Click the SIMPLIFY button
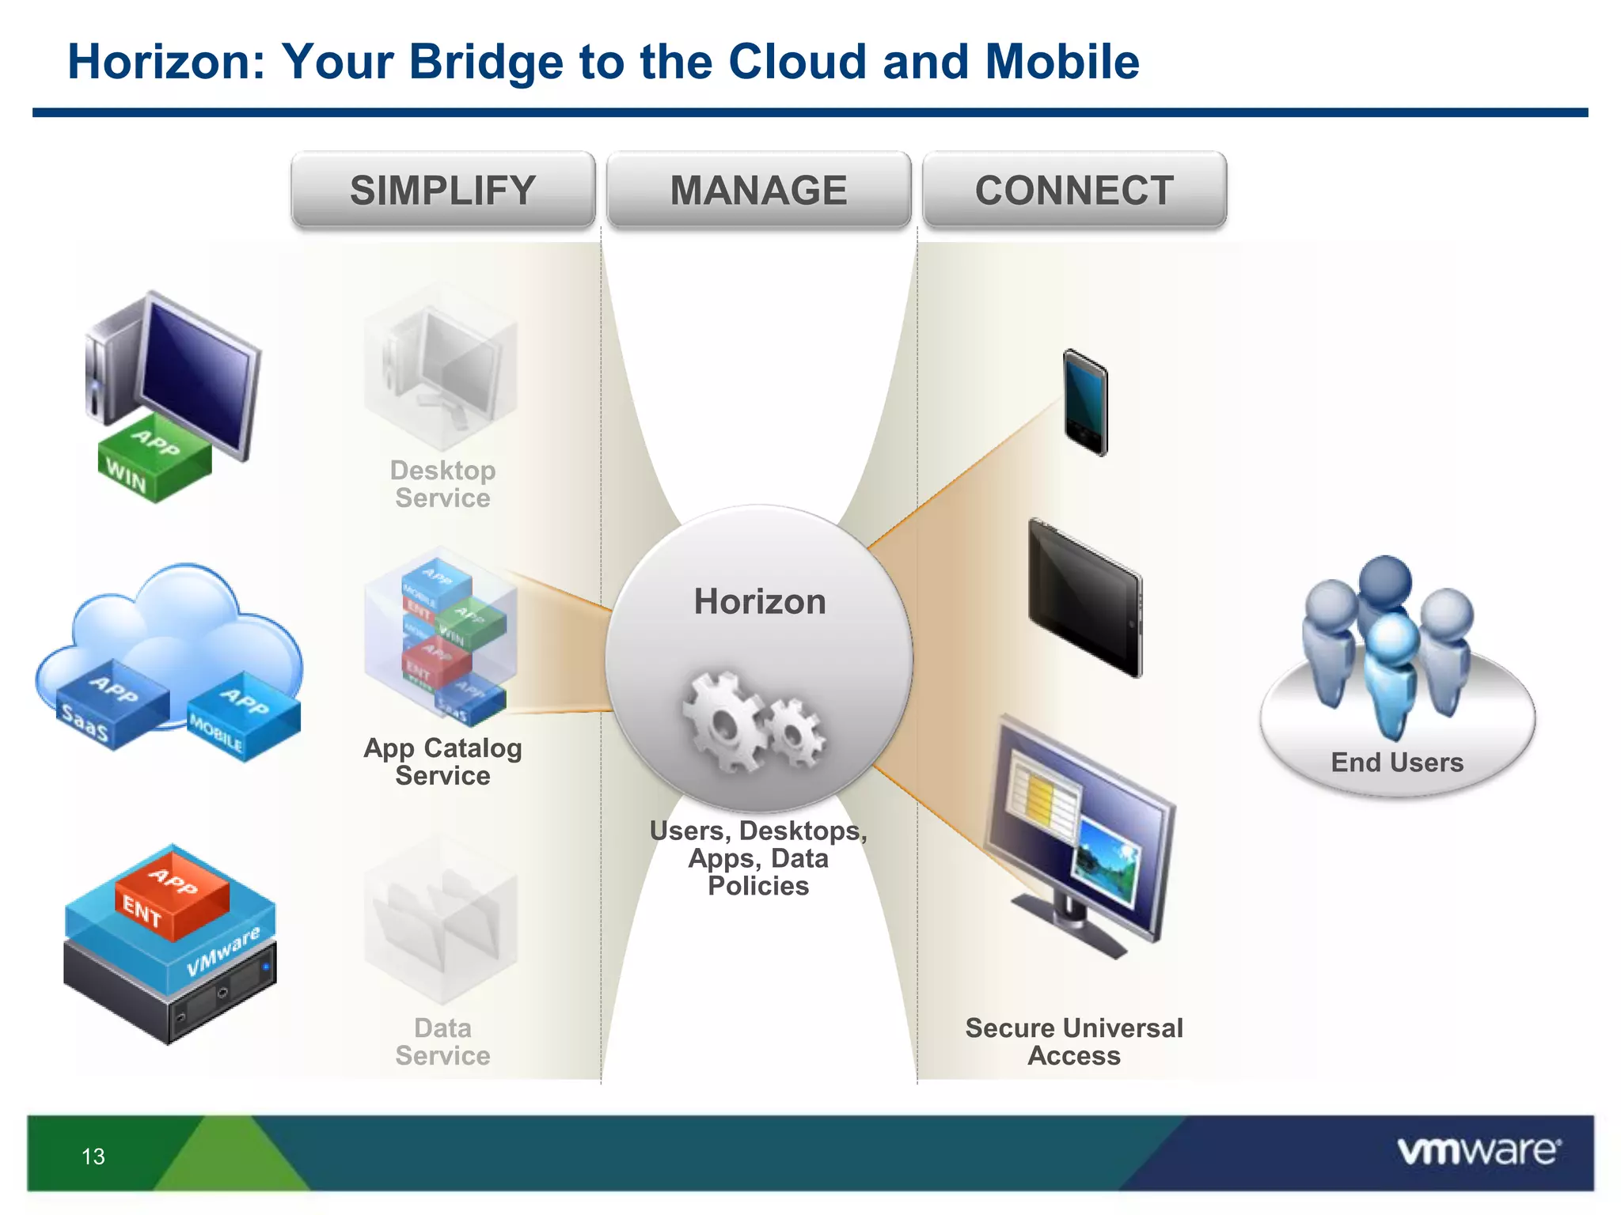pos(442,191)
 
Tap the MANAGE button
pos(758,191)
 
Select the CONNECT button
pos(1074,191)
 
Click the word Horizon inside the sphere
pos(760,601)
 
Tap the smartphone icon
pos(1085,403)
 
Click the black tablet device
pos(1085,598)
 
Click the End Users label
pos(1397,763)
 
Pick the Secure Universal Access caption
pos(1074,1042)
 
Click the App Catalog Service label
pos(442,762)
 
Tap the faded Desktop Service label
pos(442,484)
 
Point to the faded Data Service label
pos(442,1042)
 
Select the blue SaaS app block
pos(111,704)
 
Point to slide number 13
pos(93,1156)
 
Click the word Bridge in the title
pos(486,62)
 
